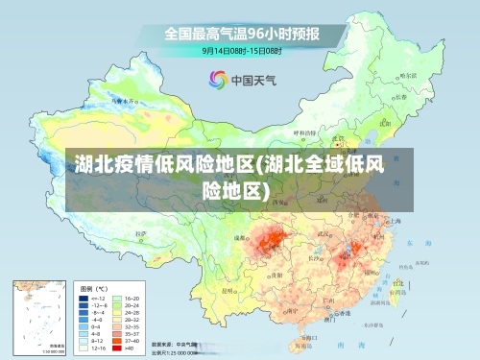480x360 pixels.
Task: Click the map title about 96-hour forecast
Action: [x=242, y=34]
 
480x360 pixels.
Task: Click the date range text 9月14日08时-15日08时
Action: [x=241, y=50]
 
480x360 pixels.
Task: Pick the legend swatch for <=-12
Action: [x=84, y=299]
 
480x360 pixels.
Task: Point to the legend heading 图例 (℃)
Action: [x=95, y=288]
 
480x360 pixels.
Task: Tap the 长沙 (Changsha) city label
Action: [x=315, y=257]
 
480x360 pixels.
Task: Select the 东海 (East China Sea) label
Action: [x=413, y=243]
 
